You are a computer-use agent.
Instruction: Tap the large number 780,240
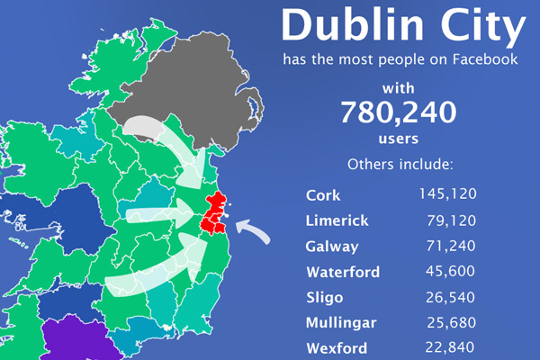pos(398,112)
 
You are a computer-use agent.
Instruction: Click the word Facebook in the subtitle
pos(479,61)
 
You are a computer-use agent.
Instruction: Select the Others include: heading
pos(399,165)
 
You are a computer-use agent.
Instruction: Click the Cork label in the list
pos(323,194)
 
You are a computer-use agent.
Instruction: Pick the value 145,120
pos(447,193)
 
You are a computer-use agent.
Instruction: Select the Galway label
pos(332,247)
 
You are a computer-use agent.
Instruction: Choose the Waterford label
pos(343,272)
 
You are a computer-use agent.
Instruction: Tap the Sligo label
pos(326,298)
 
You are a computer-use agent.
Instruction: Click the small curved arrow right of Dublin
pos(253,233)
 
